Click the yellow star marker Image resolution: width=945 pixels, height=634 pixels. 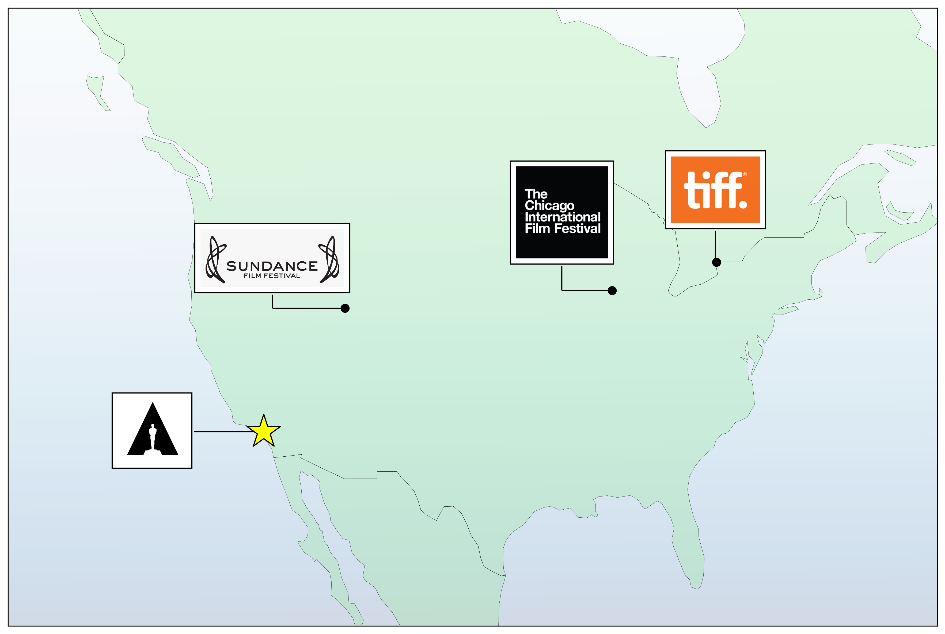coord(263,431)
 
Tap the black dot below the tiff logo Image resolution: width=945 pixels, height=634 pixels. coord(716,262)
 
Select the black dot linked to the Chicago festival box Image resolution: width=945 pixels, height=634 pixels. coord(612,291)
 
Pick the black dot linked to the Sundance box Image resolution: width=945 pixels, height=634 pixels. coord(345,308)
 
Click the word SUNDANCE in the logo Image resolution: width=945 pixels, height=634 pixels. coord(272,266)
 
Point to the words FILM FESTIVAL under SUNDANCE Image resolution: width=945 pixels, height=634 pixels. coord(272,276)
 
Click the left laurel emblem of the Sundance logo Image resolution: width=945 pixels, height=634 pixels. coord(216,259)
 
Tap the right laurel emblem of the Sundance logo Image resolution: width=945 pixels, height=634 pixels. coord(329,259)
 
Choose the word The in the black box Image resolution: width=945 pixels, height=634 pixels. coord(536,194)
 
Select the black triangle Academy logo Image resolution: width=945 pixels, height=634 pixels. coord(153,429)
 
